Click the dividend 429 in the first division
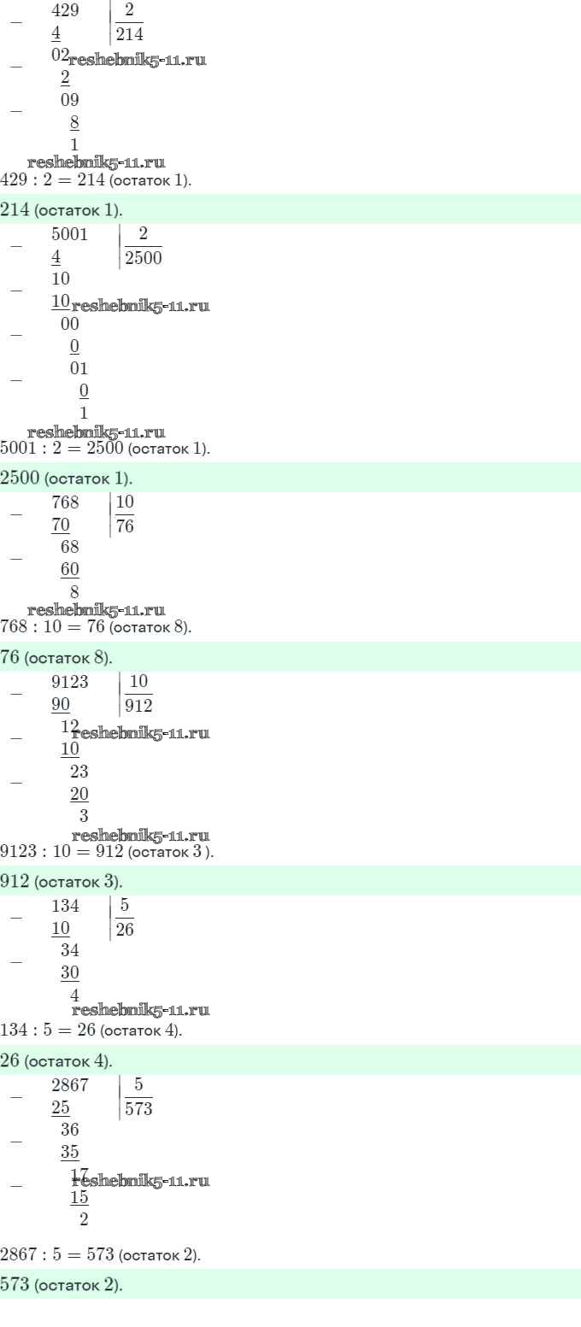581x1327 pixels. tap(65, 10)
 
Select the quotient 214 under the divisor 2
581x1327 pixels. tap(130, 34)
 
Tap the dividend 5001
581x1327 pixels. tap(70, 234)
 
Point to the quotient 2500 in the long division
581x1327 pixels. tap(144, 258)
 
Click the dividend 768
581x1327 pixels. tap(65, 502)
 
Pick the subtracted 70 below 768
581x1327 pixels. tap(61, 525)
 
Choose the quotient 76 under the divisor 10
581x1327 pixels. tap(125, 526)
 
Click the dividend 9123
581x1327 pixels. tap(70, 682)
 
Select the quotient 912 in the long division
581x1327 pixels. tap(138, 706)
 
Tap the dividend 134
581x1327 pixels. tap(65, 906)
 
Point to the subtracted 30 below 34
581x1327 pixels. tap(70, 972)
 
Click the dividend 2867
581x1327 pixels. tap(70, 1084)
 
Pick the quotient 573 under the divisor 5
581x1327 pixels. tap(138, 1108)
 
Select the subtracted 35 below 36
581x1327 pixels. tap(70, 1152)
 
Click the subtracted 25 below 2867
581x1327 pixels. tap(61, 1107)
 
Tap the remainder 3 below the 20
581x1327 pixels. tap(84, 816)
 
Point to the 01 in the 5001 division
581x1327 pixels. tap(79, 368)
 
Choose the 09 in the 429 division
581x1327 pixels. tap(70, 100)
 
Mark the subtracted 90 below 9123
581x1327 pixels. tap(61, 704)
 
